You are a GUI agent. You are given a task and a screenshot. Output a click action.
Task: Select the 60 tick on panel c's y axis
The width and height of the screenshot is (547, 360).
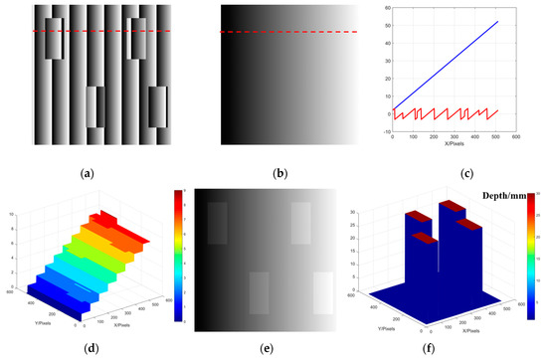386,8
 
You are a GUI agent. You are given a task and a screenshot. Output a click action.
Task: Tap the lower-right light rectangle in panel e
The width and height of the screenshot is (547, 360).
323,294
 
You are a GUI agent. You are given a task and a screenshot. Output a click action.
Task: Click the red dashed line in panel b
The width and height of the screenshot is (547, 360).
287,32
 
